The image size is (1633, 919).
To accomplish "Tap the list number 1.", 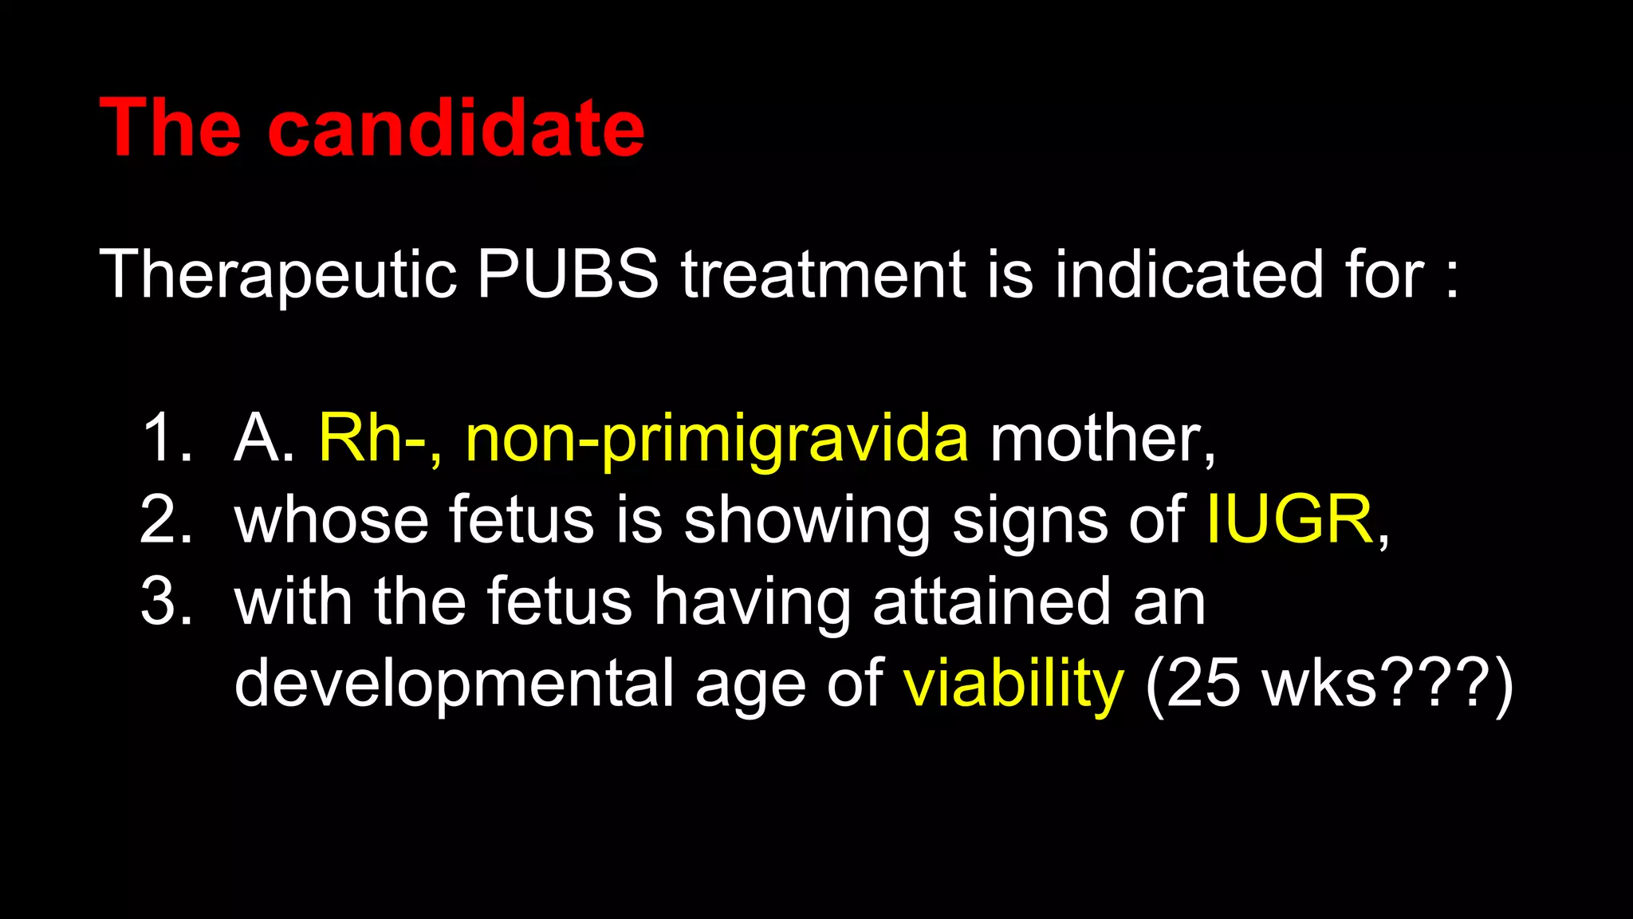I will tap(165, 439).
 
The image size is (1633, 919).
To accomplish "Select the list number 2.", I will tap(165, 520).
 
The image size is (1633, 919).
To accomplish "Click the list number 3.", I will tap(165, 601).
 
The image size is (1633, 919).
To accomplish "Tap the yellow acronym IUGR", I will tap(1289, 520).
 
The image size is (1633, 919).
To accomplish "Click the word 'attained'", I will tap(991, 601).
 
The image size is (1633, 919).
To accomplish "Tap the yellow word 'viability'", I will tap(1013, 684).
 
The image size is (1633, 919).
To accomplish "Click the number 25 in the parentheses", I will tap(1203, 684).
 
